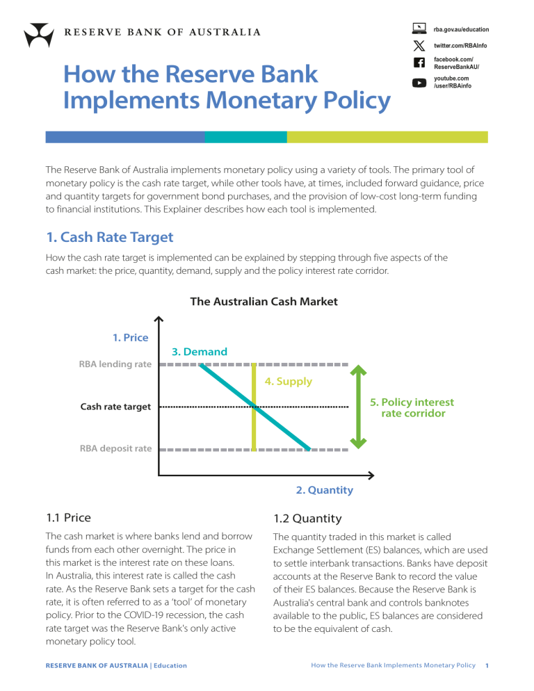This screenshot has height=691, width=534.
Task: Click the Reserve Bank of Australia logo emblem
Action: [x=38, y=33]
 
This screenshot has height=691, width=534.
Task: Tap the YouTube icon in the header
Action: [x=419, y=83]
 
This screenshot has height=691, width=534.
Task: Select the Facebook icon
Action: [x=419, y=63]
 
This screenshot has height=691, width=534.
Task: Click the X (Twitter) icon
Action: [x=419, y=45]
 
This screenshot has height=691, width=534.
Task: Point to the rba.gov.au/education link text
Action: [x=461, y=29]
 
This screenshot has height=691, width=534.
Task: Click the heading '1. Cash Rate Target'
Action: [x=109, y=237]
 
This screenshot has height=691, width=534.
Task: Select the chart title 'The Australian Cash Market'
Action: [x=264, y=301]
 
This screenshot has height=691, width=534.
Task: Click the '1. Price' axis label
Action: [x=131, y=338]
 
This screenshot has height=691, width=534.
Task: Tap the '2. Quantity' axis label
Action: [x=324, y=490]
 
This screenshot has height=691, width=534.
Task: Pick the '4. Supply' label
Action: [x=288, y=381]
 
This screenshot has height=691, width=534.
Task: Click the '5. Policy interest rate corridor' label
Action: [x=412, y=407]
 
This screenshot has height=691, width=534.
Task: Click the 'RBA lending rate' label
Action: [x=115, y=364]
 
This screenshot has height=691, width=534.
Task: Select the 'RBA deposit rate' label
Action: [x=115, y=448]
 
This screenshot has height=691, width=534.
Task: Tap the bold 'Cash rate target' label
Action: [x=115, y=407]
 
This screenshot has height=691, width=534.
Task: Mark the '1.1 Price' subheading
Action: [x=68, y=517]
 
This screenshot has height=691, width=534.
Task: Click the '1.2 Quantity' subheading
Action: [x=307, y=518]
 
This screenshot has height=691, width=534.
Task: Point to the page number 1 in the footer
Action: [x=487, y=665]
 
